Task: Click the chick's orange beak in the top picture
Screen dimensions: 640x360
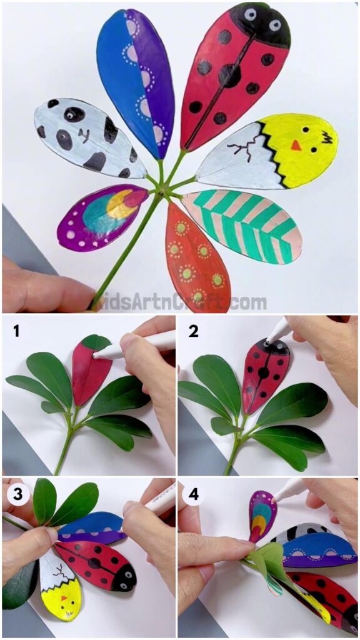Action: pos(296,145)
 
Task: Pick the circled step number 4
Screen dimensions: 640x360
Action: pos(193,494)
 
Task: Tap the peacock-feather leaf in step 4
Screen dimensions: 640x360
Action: pos(262,516)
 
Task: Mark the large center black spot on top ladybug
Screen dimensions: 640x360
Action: pos(229,76)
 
